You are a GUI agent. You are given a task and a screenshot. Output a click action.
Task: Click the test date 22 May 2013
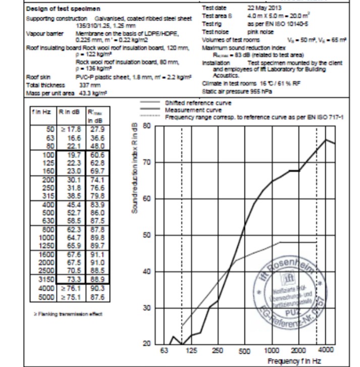[x=264, y=8]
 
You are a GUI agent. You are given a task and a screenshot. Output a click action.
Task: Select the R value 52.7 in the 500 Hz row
[x=74, y=212]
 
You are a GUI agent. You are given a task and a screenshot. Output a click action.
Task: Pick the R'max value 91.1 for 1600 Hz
[x=96, y=254]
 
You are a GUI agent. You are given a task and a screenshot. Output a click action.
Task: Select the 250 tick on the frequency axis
[x=218, y=351]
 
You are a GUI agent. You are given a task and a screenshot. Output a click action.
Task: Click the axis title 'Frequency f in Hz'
[x=294, y=361]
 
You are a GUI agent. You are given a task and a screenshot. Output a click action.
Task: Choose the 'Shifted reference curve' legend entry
[x=198, y=103]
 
